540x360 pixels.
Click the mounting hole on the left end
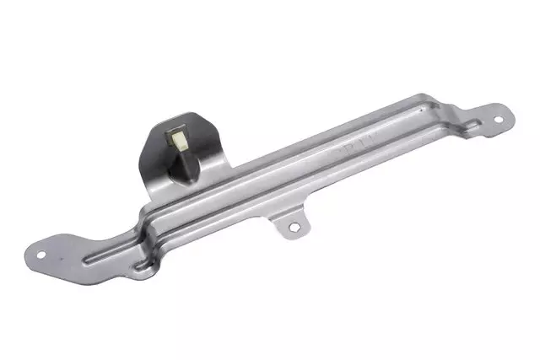41,252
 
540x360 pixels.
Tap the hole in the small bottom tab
293,227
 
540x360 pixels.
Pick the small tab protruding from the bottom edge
289,223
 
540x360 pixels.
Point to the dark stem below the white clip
184,165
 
